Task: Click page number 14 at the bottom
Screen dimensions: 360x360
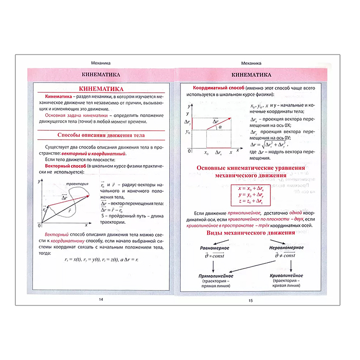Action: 101,300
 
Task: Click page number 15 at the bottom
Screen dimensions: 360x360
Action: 250,300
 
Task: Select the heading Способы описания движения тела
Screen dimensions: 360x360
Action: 101,135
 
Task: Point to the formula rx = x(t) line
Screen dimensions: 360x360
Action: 101,259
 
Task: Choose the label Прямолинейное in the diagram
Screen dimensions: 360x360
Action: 215,276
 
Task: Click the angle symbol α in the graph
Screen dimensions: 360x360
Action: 221,127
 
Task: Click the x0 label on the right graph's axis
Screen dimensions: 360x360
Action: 206,153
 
